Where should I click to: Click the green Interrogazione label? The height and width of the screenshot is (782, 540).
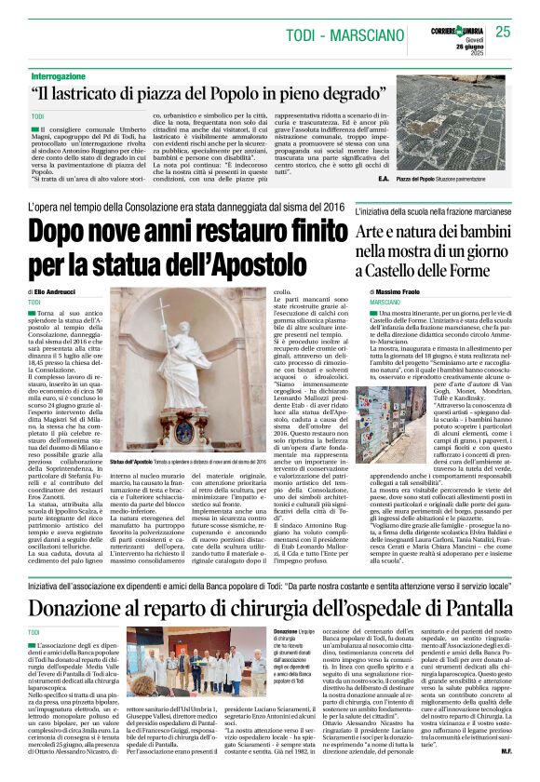coord(64,75)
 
